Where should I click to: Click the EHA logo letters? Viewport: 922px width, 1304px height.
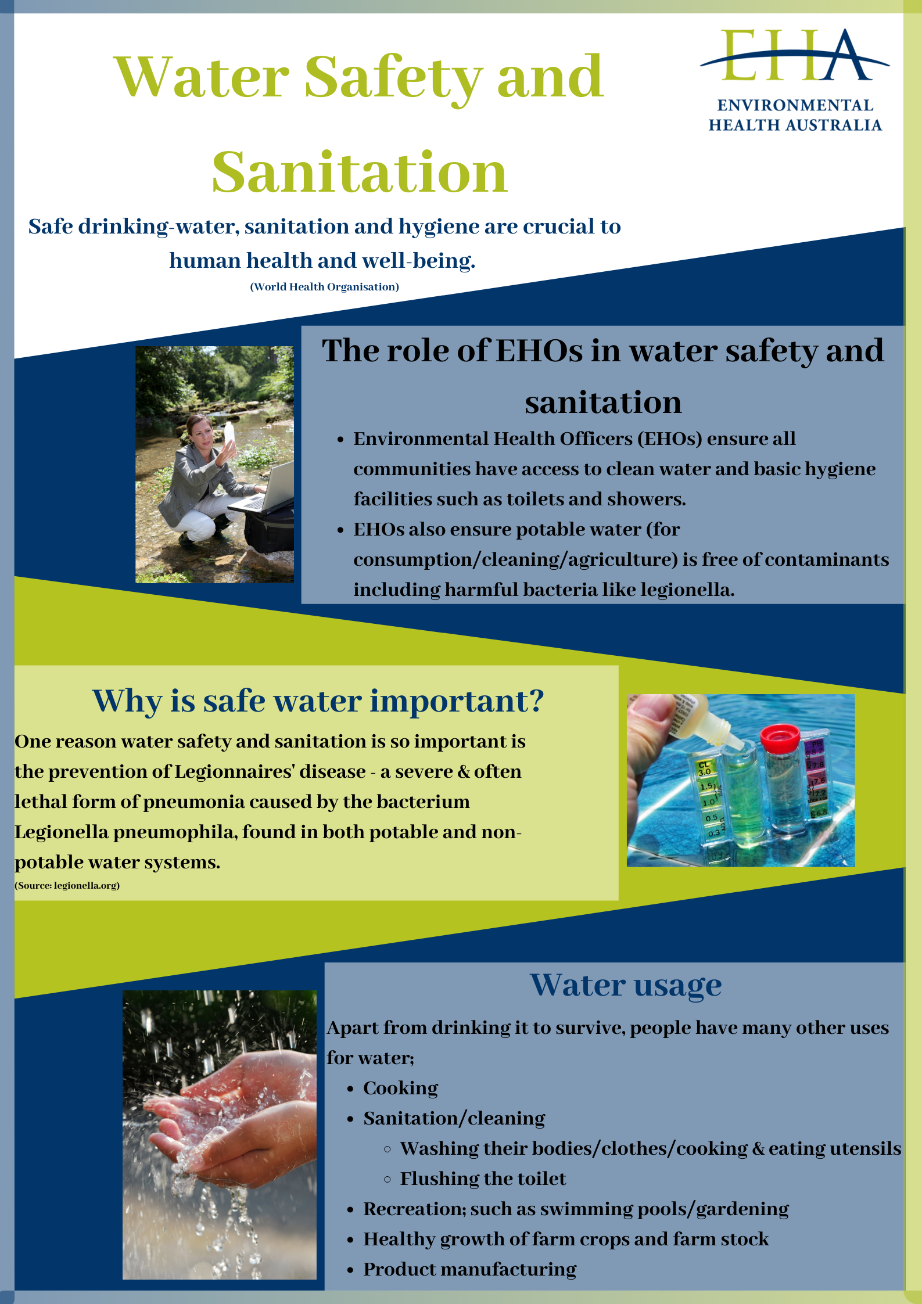(794, 55)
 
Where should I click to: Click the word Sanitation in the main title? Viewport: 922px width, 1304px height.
(360, 172)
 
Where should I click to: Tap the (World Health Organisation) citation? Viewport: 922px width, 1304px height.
(324, 287)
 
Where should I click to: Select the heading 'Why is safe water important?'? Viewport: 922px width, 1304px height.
(318, 702)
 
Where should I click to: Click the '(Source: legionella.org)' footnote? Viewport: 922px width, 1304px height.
(67, 885)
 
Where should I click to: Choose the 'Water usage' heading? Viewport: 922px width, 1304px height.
(626, 986)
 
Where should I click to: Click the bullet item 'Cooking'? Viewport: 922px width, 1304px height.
(400, 1088)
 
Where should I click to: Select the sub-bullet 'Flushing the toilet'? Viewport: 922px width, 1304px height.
(483, 1179)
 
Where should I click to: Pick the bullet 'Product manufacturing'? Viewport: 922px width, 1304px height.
(469, 1269)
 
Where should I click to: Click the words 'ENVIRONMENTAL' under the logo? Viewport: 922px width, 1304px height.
(795, 105)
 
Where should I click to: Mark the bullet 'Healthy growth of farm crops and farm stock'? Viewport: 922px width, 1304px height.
(566, 1239)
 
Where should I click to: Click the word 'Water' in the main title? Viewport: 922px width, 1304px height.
(202, 77)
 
